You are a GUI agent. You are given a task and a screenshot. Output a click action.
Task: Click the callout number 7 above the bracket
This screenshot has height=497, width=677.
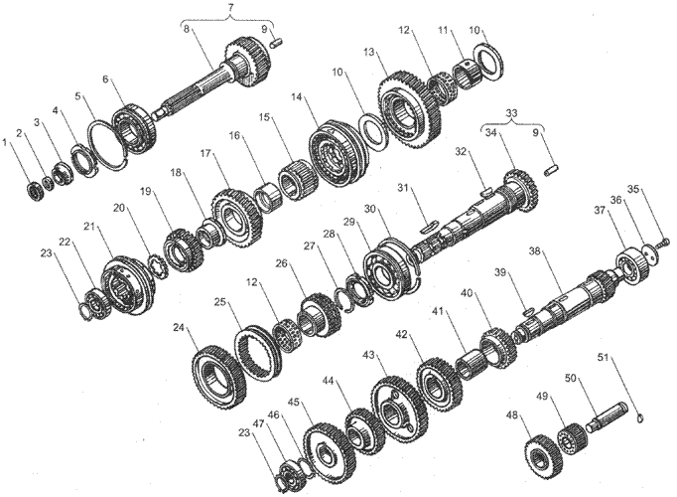[x=230, y=7]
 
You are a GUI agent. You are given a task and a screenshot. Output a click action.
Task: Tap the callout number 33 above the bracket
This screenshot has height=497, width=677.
[x=511, y=113]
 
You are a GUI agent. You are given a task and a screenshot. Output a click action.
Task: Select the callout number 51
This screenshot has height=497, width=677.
[x=604, y=358]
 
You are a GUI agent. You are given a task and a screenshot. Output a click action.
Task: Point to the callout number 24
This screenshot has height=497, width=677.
[x=179, y=328]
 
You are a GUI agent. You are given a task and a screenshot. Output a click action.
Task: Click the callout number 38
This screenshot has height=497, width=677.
[x=534, y=251]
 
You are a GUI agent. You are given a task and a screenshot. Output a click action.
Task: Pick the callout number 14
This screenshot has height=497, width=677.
[x=296, y=97]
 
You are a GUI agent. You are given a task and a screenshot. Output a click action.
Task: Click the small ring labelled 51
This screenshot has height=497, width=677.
[x=641, y=417]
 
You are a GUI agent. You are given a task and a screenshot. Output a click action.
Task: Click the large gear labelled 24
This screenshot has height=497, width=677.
[x=219, y=377]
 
